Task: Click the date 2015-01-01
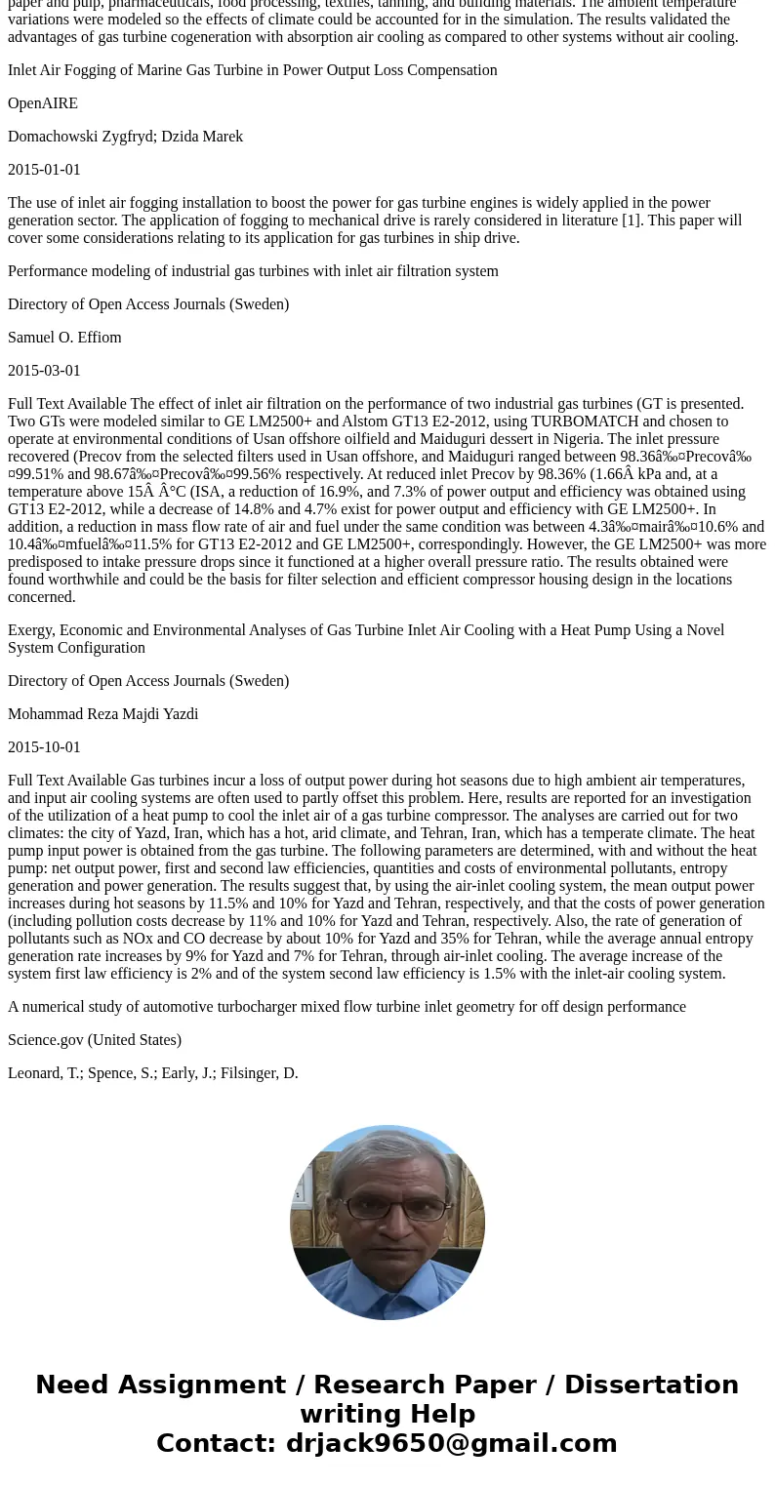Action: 44,170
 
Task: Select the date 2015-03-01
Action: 44,371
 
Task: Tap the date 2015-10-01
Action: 44,747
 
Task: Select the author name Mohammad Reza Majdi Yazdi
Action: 102,714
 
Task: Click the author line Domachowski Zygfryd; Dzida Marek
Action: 125,137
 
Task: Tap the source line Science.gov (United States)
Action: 95,1040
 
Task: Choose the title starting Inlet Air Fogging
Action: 252,70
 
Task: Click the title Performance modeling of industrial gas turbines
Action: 253,271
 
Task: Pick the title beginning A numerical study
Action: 347,1007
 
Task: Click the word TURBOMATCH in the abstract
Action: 581,422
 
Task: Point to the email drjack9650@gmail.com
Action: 451,1443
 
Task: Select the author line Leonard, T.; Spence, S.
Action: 153,1073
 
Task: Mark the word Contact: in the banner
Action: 216,1443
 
